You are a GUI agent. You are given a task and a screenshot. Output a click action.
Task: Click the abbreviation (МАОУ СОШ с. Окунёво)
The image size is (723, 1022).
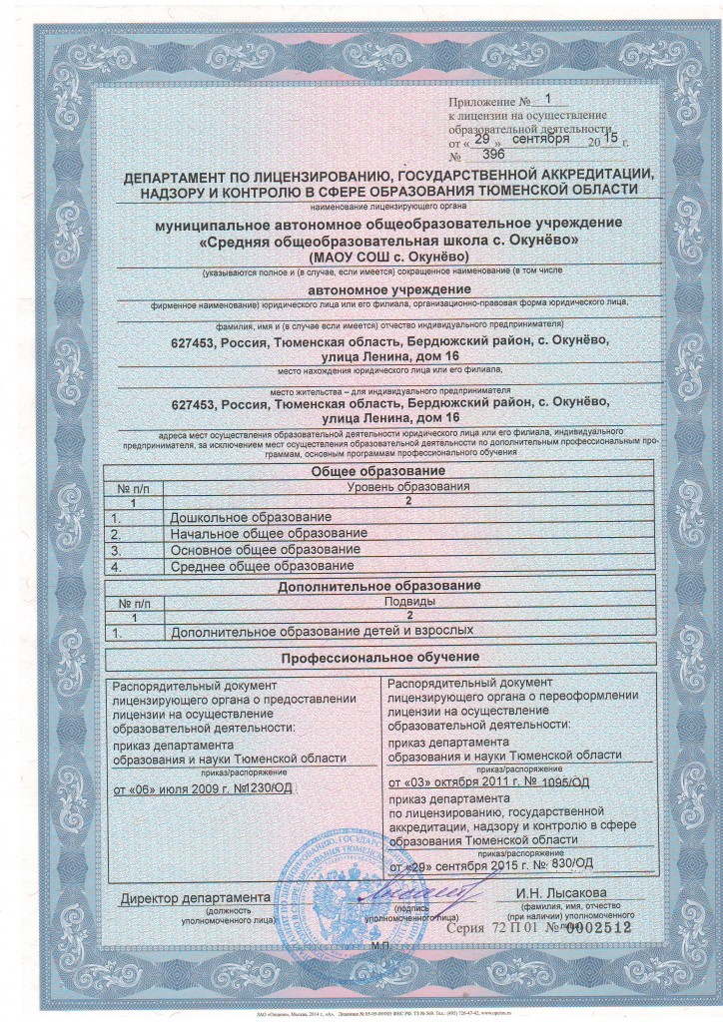click(x=382, y=256)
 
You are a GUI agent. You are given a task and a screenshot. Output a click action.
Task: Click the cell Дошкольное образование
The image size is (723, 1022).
click(x=251, y=517)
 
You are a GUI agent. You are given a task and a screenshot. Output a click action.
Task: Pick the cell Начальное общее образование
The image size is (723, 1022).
click(x=269, y=533)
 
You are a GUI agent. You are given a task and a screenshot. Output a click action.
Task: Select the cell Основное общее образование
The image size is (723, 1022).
click(x=264, y=549)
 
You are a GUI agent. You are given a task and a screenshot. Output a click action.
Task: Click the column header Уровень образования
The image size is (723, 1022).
click(x=406, y=486)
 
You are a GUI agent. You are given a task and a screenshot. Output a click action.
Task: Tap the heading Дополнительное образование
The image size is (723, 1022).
click(x=381, y=588)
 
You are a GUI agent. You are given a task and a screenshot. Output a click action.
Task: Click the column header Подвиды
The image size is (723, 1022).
click(x=408, y=603)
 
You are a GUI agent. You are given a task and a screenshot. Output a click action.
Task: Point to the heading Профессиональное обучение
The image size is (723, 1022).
click(x=382, y=657)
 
